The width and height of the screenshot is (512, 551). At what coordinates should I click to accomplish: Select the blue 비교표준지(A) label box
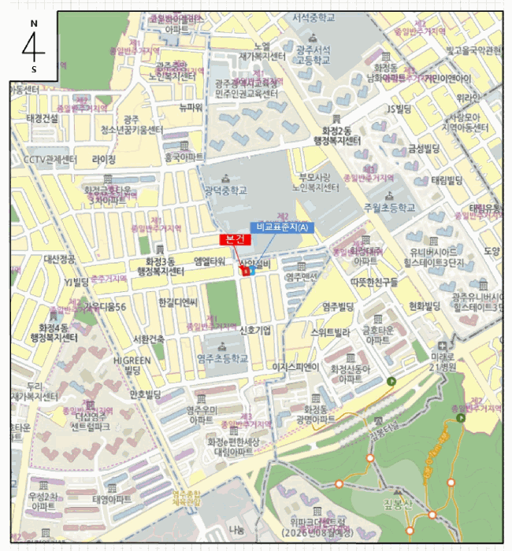[282, 227]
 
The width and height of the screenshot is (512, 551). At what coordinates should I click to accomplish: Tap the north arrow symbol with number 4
[33, 45]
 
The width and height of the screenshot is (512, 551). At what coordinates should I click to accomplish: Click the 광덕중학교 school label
[224, 190]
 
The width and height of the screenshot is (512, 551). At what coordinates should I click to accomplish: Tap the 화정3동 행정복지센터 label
[160, 266]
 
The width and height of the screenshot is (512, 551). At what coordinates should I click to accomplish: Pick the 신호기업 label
[254, 330]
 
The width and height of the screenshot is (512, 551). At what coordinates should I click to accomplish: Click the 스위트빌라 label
[331, 332]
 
